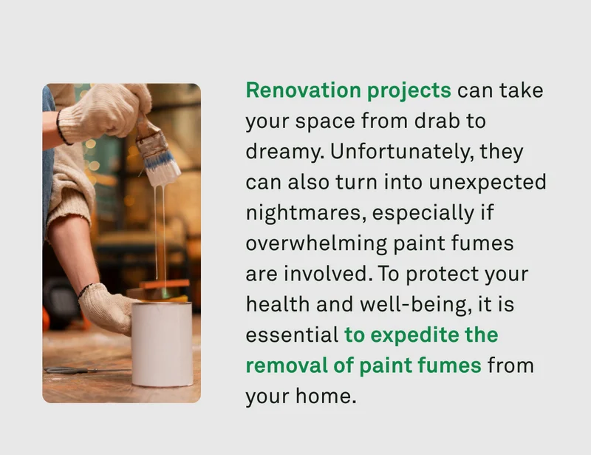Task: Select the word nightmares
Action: tap(304, 213)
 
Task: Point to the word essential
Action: tap(291, 334)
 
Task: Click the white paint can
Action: tap(163, 343)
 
